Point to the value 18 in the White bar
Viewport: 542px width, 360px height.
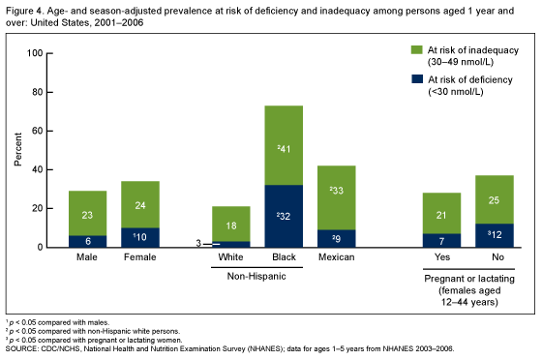(231, 225)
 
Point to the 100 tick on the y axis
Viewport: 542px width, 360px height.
(36, 53)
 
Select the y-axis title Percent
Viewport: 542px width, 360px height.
(17, 150)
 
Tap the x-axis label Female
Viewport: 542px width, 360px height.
(140, 258)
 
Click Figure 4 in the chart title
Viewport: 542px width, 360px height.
(24, 7)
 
